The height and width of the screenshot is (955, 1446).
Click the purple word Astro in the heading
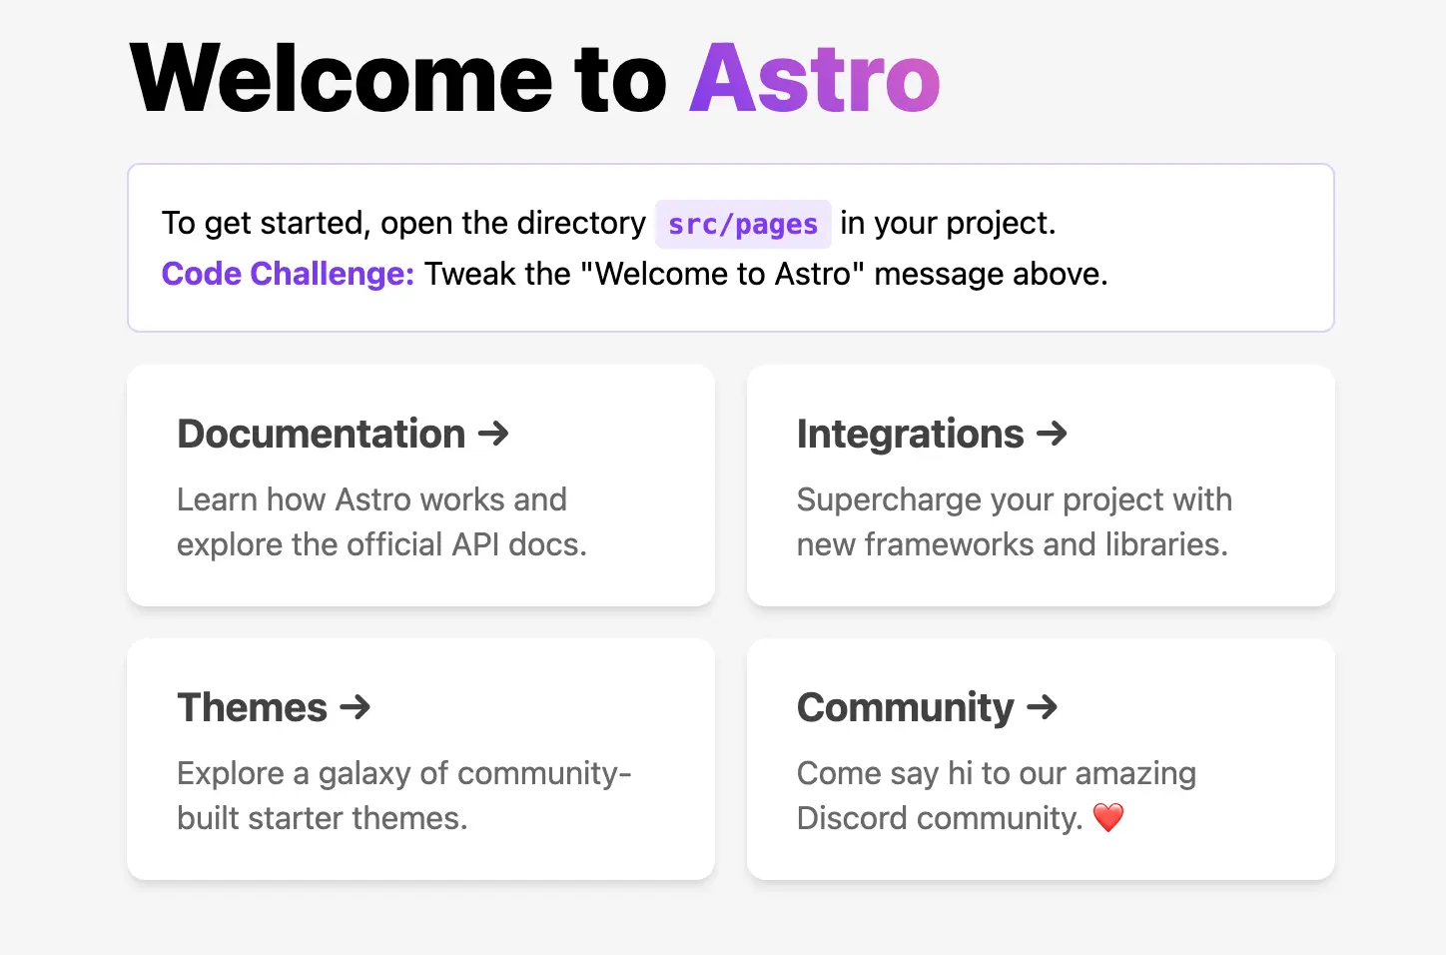(x=815, y=78)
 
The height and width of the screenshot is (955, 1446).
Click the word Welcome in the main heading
(x=341, y=78)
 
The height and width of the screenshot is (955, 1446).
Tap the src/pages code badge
(x=743, y=224)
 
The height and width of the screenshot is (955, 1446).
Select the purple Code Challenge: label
(x=288, y=274)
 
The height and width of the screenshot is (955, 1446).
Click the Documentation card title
(x=322, y=434)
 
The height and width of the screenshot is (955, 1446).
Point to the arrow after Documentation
(x=493, y=434)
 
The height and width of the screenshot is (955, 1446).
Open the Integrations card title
(x=910, y=434)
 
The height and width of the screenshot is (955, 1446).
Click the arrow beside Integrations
(x=1052, y=434)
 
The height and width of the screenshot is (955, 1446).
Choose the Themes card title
(x=253, y=707)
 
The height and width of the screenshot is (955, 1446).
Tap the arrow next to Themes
(x=356, y=707)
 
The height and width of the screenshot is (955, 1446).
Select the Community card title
(x=906, y=708)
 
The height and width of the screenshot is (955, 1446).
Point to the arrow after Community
(x=1042, y=707)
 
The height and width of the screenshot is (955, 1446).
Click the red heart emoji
(x=1108, y=817)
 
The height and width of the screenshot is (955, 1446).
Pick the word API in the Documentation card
(x=475, y=544)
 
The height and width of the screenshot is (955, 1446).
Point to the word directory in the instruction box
(x=581, y=224)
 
